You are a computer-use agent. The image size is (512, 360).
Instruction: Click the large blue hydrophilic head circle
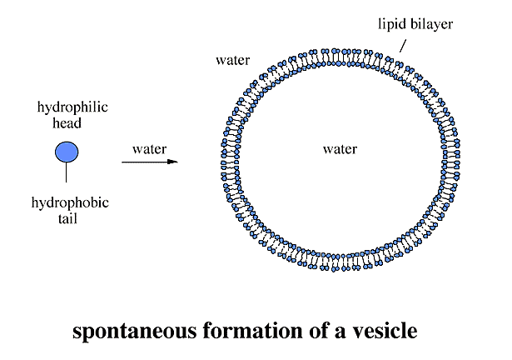click(x=67, y=152)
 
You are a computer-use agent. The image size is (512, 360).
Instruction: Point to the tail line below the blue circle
click(x=67, y=172)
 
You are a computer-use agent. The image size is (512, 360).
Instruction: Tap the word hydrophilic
click(x=72, y=107)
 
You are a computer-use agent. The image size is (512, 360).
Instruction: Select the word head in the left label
click(x=67, y=123)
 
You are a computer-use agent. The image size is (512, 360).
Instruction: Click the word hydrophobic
click(x=70, y=203)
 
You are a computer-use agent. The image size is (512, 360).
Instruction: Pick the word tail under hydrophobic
click(x=67, y=218)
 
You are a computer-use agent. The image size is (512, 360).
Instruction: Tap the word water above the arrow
click(x=150, y=149)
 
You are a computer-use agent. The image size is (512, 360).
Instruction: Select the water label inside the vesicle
click(x=340, y=149)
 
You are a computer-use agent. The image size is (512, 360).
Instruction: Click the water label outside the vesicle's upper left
click(x=233, y=61)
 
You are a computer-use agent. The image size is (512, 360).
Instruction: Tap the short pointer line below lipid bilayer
click(x=403, y=46)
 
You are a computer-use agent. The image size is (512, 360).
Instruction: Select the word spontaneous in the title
click(x=135, y=331)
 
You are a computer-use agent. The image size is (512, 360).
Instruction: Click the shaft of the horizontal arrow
click(x=145, y=162)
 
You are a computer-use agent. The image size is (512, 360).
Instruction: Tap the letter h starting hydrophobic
click(x=35, y=202)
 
